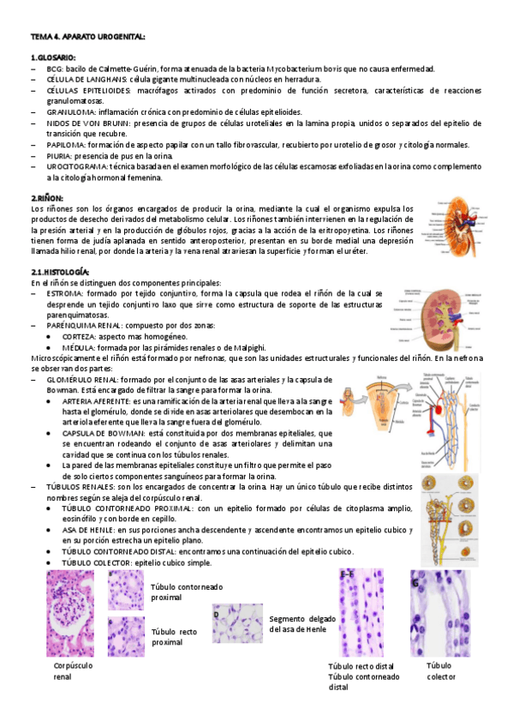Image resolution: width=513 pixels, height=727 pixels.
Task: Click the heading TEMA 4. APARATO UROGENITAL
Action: tap(88, 37)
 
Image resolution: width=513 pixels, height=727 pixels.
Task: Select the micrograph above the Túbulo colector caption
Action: tap(440, 612)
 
